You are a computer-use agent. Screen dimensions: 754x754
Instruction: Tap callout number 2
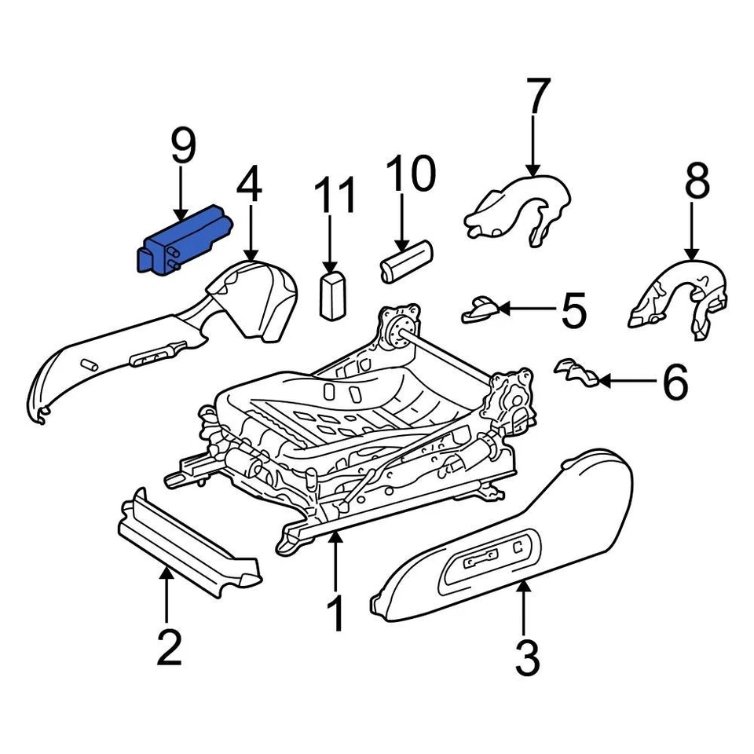(x=169, y=646)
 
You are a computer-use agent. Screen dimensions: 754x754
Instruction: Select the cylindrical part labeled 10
(x=407, y=262)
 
